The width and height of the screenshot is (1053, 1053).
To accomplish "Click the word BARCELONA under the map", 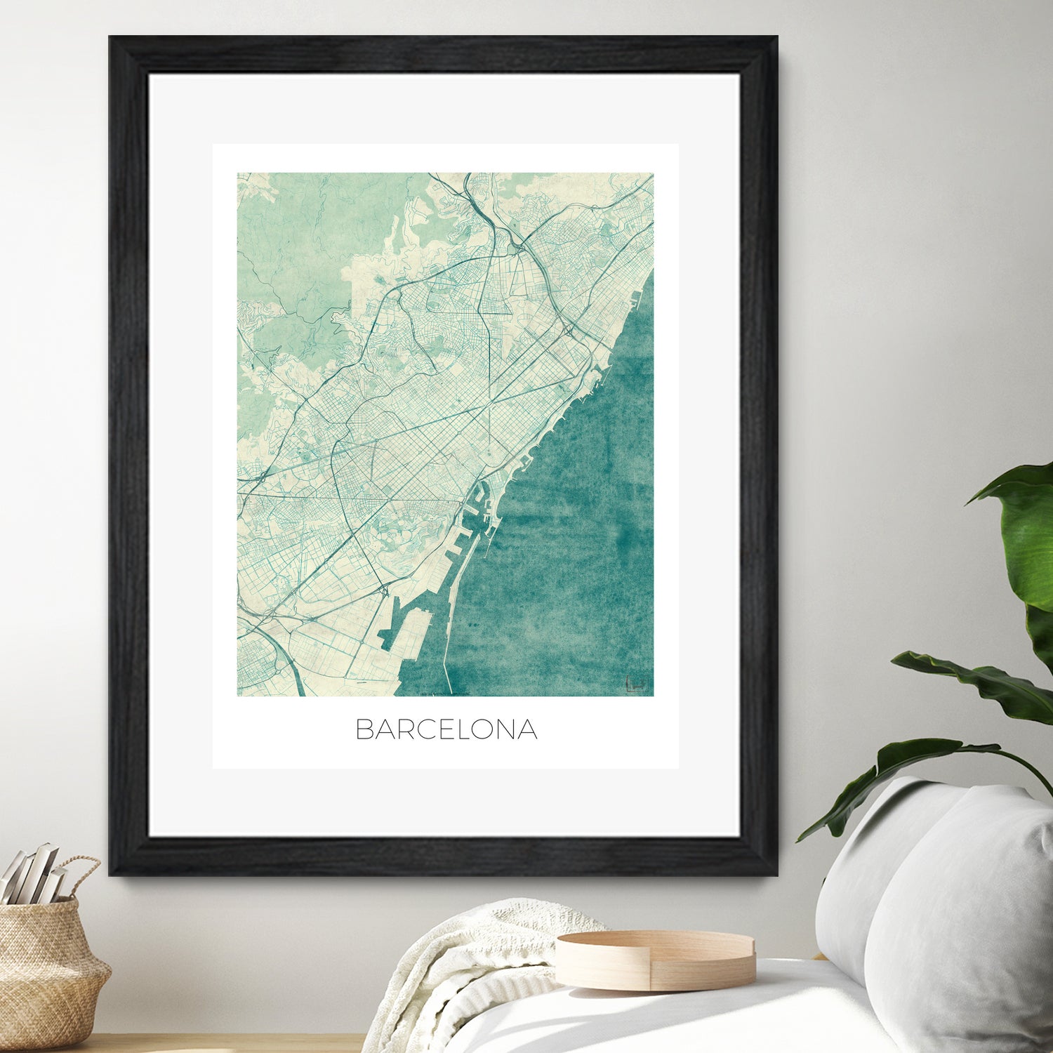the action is tap(446, 729).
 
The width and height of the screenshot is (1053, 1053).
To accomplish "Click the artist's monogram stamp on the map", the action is tap(636, 684).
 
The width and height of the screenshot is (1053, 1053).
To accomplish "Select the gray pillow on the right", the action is tap(962, 913).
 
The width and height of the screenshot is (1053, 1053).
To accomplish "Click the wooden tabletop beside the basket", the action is tap(211, 1044).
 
